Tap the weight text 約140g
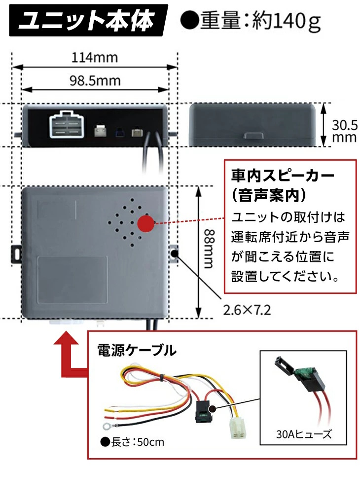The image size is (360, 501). point(286,21)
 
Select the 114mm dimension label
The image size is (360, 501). point(95,58)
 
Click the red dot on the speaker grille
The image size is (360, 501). point(146,223)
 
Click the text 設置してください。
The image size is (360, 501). point(285,276)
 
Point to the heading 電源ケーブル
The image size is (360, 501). point(136,351)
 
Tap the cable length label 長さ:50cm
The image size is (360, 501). point(132,442)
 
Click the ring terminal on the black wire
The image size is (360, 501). point(106,426)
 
